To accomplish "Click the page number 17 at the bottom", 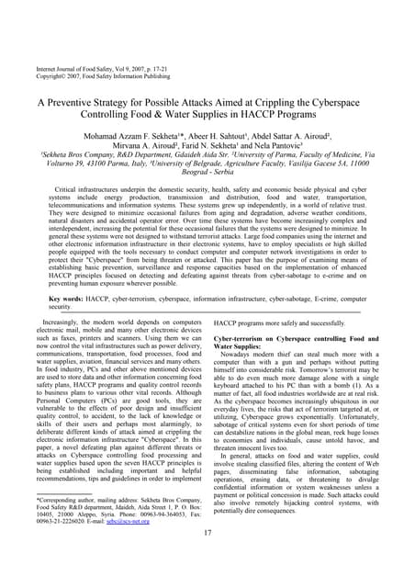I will point(207,560).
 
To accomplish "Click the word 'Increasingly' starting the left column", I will point(60,322).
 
